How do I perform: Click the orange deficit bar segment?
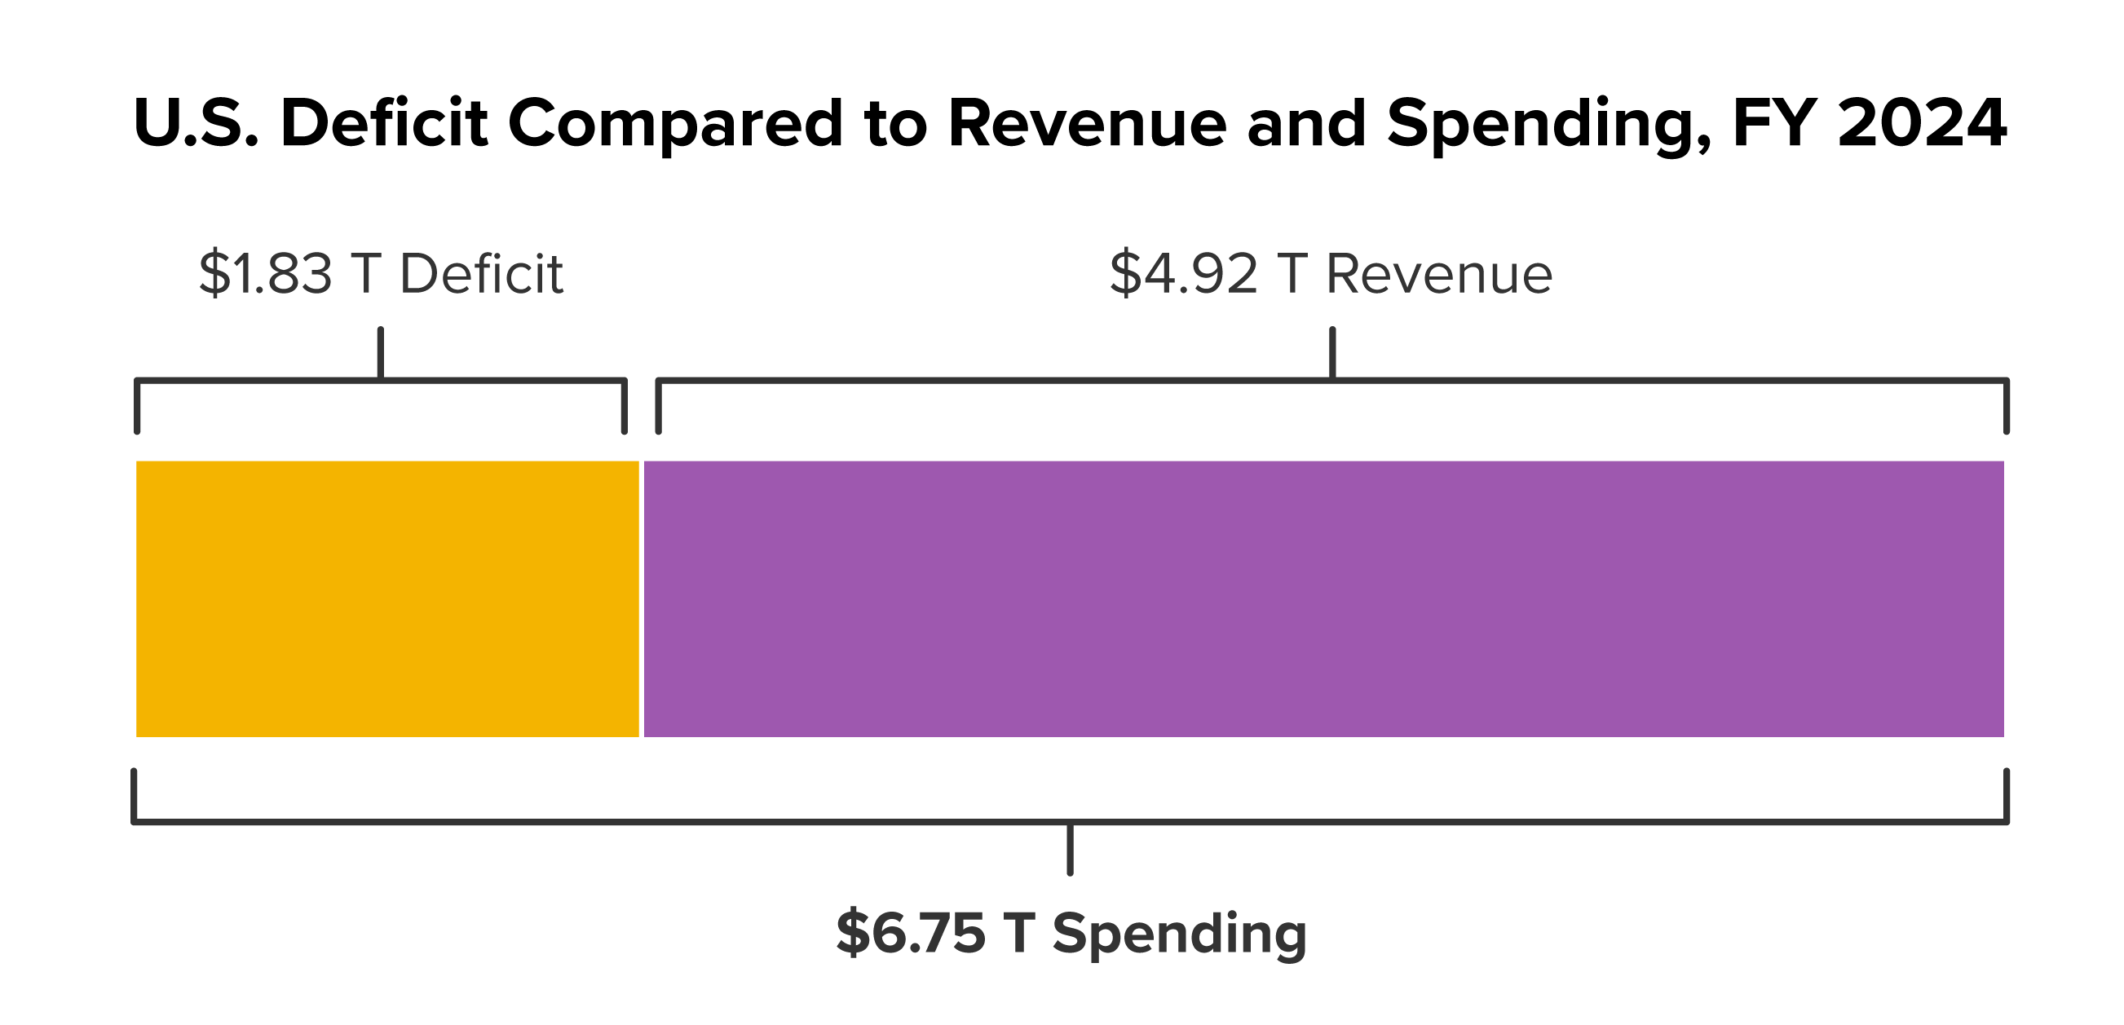(x=387, y=599)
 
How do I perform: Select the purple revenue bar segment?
(x=1323, y=599)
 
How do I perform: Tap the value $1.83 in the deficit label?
(x=266, y=274)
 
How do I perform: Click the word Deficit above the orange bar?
(x=482, y=274)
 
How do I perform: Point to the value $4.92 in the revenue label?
(x=1184, y=274)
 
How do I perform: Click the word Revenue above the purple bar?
(x=1439, y=274)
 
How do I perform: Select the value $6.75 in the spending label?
(x=910, y=933)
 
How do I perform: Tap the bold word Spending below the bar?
(x=1179, y=934)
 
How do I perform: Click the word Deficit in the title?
(x=384, y=124)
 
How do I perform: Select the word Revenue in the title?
(x=1088, y=124)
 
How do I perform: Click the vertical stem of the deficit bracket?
(x=381, y=352)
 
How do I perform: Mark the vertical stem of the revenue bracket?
(x=1332, y=352)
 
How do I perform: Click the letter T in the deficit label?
(x=365, y=274)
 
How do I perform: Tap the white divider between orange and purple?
(x=642, y=599)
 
